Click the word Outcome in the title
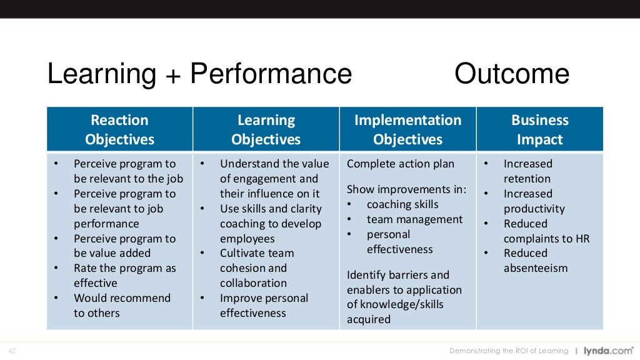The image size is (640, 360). click(511, 74)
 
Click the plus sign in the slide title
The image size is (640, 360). click(173, 75)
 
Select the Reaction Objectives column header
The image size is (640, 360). click(119, 129)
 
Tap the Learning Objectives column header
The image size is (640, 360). click(266, 129)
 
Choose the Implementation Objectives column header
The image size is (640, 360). click(407, 129)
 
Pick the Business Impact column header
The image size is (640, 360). click(539, 129)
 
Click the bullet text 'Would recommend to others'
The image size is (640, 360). click(121, 306)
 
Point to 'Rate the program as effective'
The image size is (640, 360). click(124, 276)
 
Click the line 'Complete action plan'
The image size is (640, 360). click(401, 164)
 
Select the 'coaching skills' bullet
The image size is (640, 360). click(402, 204)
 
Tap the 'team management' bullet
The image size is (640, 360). click(414, 219)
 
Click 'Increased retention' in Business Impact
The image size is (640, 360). click(527, 171)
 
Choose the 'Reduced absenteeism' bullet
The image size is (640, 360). click(535, 261)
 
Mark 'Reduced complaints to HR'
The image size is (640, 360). click(546, 231)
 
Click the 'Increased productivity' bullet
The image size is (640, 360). click(534, 201)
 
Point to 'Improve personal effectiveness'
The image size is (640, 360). click(264, 306)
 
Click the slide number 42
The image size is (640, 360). click(12, 351)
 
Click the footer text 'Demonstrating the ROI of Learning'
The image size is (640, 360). click(509, 351)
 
